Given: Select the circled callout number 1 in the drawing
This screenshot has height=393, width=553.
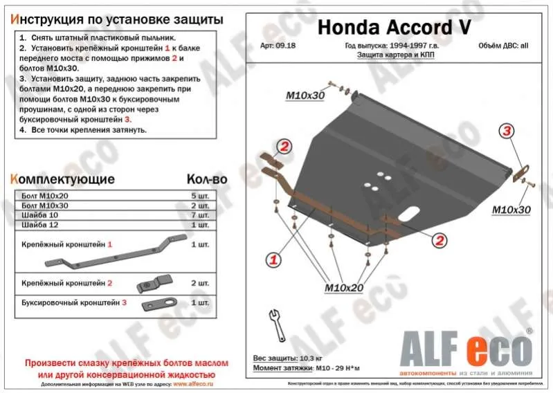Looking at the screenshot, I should tap(273, 260).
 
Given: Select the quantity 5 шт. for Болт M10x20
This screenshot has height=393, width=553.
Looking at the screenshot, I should tap(199, 196).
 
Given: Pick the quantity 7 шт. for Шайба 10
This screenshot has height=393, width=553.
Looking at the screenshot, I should tap(199, 215).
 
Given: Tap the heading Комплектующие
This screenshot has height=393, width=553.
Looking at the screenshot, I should tap(63, 179).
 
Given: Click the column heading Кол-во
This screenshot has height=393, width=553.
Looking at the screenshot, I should tap(207, 179).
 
